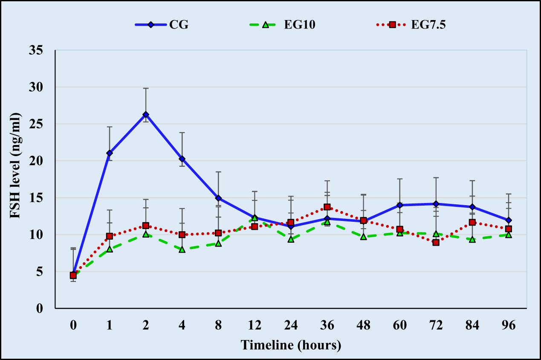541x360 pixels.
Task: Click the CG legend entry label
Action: [179, 24]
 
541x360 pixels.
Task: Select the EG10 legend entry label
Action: [300, 24]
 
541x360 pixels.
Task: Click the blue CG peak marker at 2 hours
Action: [146, 114]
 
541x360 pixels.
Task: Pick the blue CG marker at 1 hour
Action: [110, 153]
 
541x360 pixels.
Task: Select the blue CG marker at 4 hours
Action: [182, 159]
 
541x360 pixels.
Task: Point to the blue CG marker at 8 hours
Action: [218, 198]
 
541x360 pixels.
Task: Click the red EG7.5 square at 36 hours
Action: [327, 207]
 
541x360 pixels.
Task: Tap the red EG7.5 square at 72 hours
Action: [436, 242]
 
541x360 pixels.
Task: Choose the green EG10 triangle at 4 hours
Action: [182, 250]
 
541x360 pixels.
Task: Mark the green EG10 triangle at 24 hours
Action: [291, 239]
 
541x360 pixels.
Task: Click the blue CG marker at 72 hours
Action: [436, 204]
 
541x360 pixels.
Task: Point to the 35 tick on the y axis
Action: [37, 50]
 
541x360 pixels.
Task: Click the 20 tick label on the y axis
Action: [37, 161]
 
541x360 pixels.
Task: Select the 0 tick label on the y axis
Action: [40, 308]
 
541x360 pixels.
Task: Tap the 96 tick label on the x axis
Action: [508, 325]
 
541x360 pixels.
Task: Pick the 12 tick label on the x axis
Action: [255, 325]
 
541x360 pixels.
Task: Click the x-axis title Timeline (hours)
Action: [291, 345]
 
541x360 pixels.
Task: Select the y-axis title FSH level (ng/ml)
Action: [16, 166]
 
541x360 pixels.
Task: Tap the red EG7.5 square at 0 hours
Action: [73, 275]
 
